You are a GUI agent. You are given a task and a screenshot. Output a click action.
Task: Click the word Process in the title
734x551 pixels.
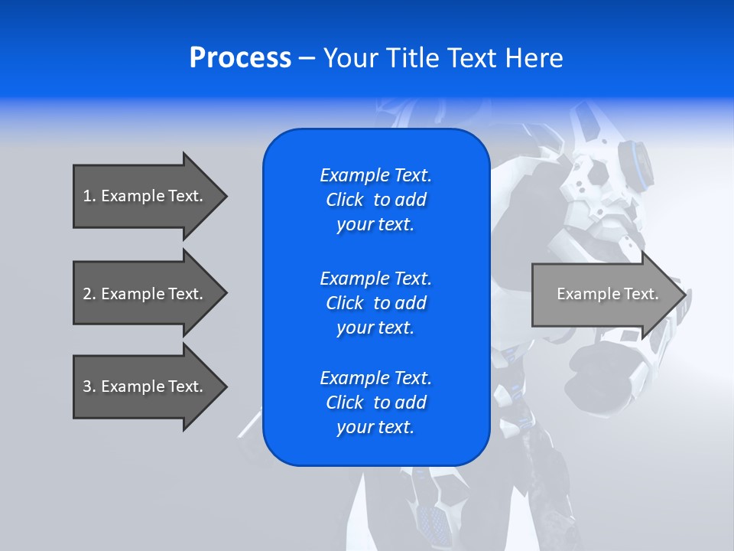[x=240, y=58]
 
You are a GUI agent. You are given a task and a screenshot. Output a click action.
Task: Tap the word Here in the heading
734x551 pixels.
[x=533, y=58]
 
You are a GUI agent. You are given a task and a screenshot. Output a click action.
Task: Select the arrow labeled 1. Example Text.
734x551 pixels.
[x=145, y=196]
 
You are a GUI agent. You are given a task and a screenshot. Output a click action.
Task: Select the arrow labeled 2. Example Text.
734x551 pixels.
[x=145, y=294]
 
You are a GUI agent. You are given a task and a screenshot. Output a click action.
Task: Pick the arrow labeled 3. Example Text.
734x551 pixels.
[x=145, y=386]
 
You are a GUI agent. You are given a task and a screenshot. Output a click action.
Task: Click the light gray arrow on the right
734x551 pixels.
[x=604, y=294]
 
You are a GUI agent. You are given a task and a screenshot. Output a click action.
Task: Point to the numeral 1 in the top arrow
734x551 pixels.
[x=87, y=196]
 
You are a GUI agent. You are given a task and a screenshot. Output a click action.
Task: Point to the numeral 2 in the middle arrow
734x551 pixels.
[x=87, y=294]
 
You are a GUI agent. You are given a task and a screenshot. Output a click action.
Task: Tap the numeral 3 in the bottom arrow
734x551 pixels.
[x=87, y=386]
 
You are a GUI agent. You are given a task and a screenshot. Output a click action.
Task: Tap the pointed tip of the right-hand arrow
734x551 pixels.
[x=683, y=295]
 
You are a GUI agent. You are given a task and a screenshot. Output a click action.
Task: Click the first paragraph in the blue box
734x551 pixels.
[x=375, y=200]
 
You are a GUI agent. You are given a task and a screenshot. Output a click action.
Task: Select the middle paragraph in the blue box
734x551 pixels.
[x=375, y=303]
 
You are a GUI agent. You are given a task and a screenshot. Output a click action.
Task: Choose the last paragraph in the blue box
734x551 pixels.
[x=375, y=403]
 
